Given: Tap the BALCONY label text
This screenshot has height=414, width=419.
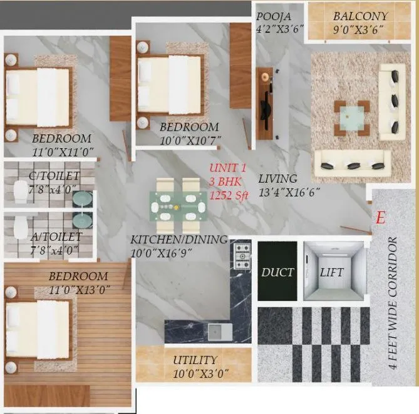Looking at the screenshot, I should coord(360,16).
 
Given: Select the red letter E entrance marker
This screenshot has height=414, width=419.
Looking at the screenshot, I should coord(379,218).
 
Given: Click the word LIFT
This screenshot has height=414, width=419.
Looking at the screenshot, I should coord(332,272).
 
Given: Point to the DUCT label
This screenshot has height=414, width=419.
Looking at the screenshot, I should coord(277,272).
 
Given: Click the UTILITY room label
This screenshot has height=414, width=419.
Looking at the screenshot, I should coord(195,360).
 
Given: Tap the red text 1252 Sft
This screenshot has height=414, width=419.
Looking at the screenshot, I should coord(228,194).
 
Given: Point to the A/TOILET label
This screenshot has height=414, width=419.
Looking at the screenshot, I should coord(56,236).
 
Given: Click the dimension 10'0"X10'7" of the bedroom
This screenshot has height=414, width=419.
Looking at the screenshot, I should coord(189,139).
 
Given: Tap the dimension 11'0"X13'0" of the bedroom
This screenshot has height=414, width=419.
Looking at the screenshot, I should coord(79,289).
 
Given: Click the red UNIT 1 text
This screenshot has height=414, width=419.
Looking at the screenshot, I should coord(229,168).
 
